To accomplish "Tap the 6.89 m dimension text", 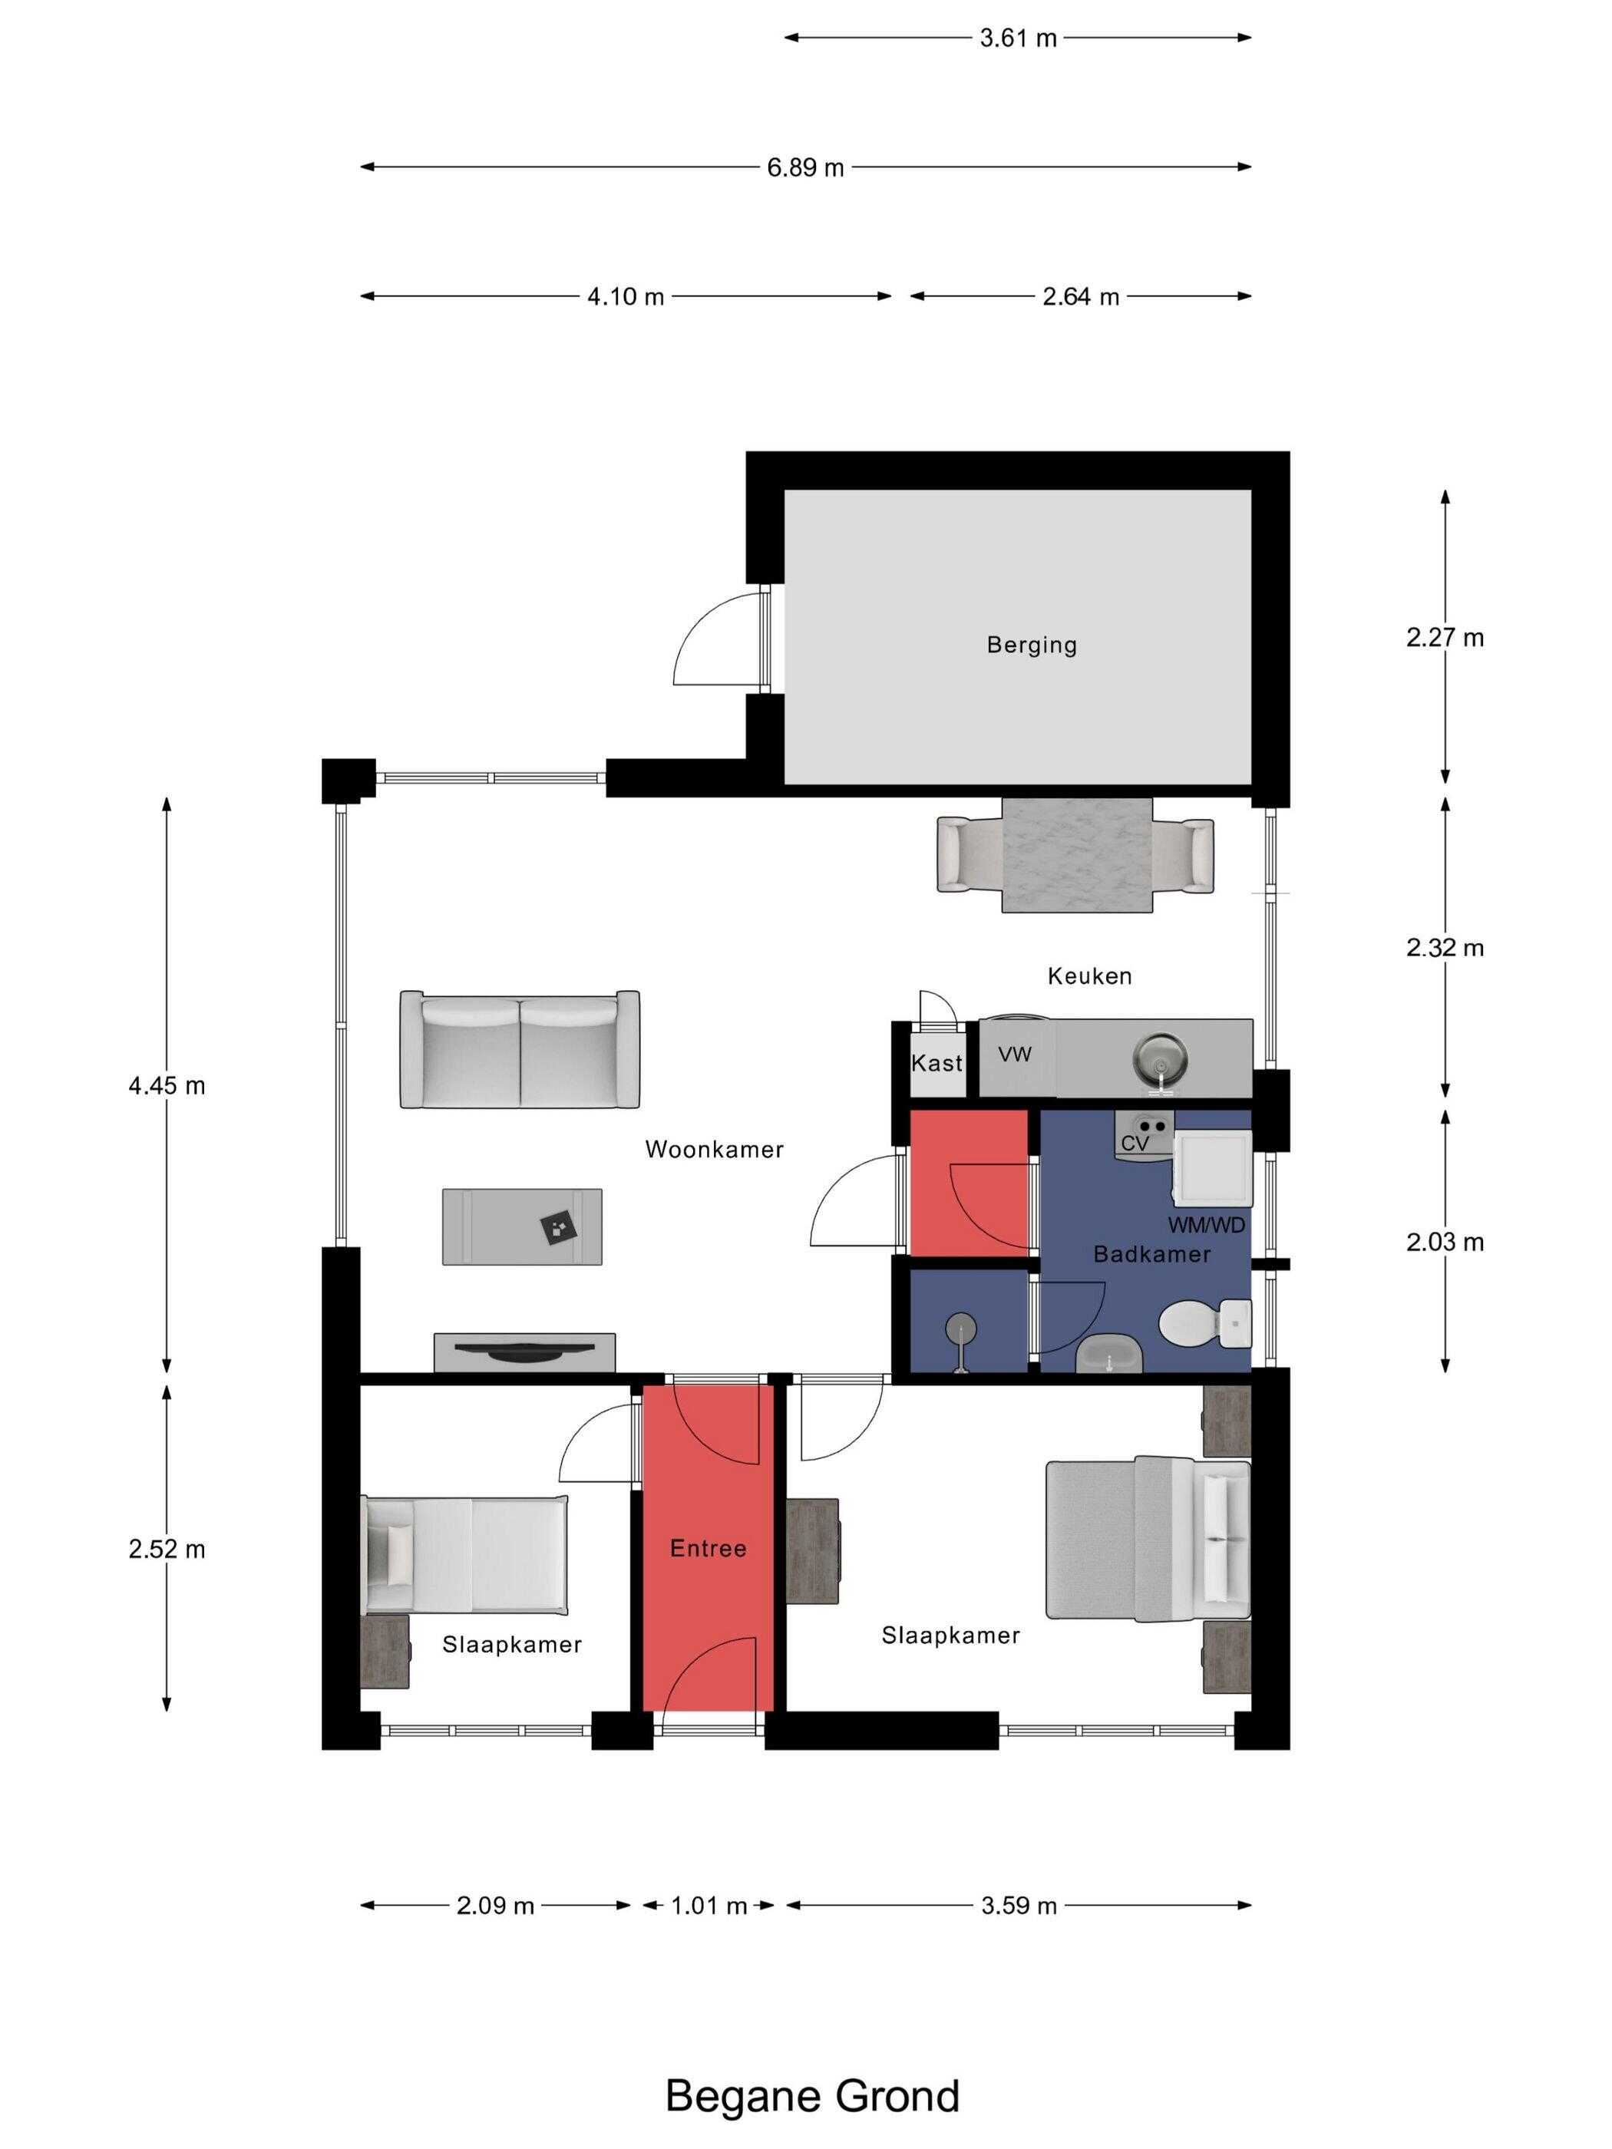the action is point(804,168).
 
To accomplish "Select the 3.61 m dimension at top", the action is point(1017,38).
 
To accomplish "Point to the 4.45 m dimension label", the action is point(167,1085).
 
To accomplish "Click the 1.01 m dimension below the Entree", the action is point(709,1906).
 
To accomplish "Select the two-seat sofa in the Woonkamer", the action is point(520,1049).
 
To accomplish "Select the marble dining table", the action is point(1077,855).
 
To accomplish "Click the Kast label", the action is point(936,1063).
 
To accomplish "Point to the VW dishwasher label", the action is point(1015,1054).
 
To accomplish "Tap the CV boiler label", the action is point(1135,1144).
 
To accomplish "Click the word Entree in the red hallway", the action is point(709,1549).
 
